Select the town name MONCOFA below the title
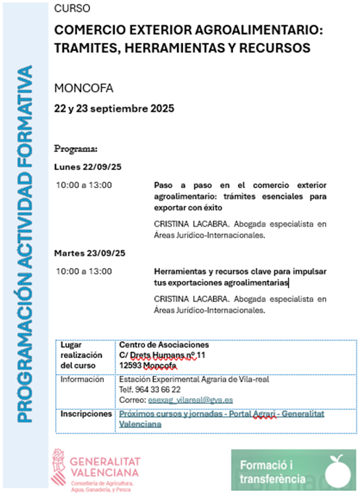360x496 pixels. pos(83,89)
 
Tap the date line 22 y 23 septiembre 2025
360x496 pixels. pos(114,108)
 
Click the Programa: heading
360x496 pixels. pos(76,150)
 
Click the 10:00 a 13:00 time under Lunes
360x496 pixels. pos(83,185)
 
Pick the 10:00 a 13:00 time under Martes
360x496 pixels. pos(83,272)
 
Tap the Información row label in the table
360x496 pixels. pos(82,379)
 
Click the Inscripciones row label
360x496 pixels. pos(85,413)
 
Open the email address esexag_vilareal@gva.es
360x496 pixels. pos(181,399)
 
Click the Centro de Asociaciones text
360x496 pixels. pos(163,345)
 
